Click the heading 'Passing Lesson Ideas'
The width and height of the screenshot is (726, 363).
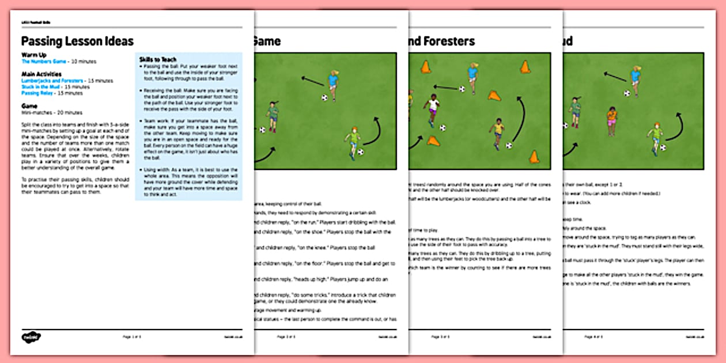[x=77, y=41]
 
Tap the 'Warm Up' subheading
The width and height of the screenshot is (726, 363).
[x=34, y=55]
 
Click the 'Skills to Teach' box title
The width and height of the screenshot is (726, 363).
[x=158, y=59]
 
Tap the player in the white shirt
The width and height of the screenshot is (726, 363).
[x=432, y=109]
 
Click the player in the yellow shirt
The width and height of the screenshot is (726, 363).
[x=498, y=132]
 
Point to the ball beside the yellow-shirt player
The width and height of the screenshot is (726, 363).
[x=509, y=145]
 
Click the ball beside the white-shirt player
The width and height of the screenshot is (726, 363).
[x=443, y=127]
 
